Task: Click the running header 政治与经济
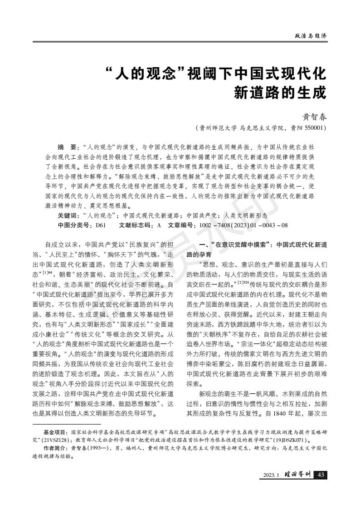pos(311,36)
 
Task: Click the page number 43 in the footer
pos(321,475)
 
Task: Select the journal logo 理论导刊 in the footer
pos(298,475)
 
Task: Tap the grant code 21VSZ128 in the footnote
pos(59,440)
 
